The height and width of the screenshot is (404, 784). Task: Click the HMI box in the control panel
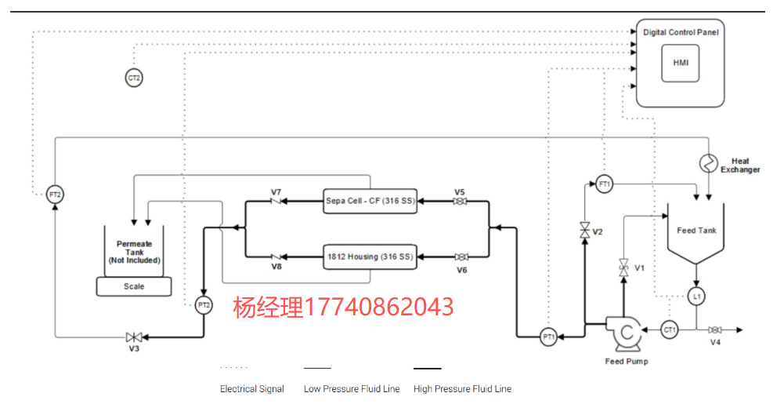679,64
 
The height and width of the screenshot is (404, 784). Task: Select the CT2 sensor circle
134,77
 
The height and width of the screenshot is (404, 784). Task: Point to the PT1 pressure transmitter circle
549,337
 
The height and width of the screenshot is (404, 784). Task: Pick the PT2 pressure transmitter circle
204,306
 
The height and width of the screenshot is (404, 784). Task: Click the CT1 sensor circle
670,329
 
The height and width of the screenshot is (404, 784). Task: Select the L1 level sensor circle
695,297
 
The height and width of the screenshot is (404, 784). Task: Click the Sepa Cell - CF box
370,201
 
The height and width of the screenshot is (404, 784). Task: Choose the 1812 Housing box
370,257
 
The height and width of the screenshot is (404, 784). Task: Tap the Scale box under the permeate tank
134,286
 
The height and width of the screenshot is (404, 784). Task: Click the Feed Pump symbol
626,333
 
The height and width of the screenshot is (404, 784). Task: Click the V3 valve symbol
134,337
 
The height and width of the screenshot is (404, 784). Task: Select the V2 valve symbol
584,231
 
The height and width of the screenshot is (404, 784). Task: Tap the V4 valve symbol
714,329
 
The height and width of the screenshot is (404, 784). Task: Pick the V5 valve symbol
460,202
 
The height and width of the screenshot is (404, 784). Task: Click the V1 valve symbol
624,267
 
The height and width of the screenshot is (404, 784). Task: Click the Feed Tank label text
696,231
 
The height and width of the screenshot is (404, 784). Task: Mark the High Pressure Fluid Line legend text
462,389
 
